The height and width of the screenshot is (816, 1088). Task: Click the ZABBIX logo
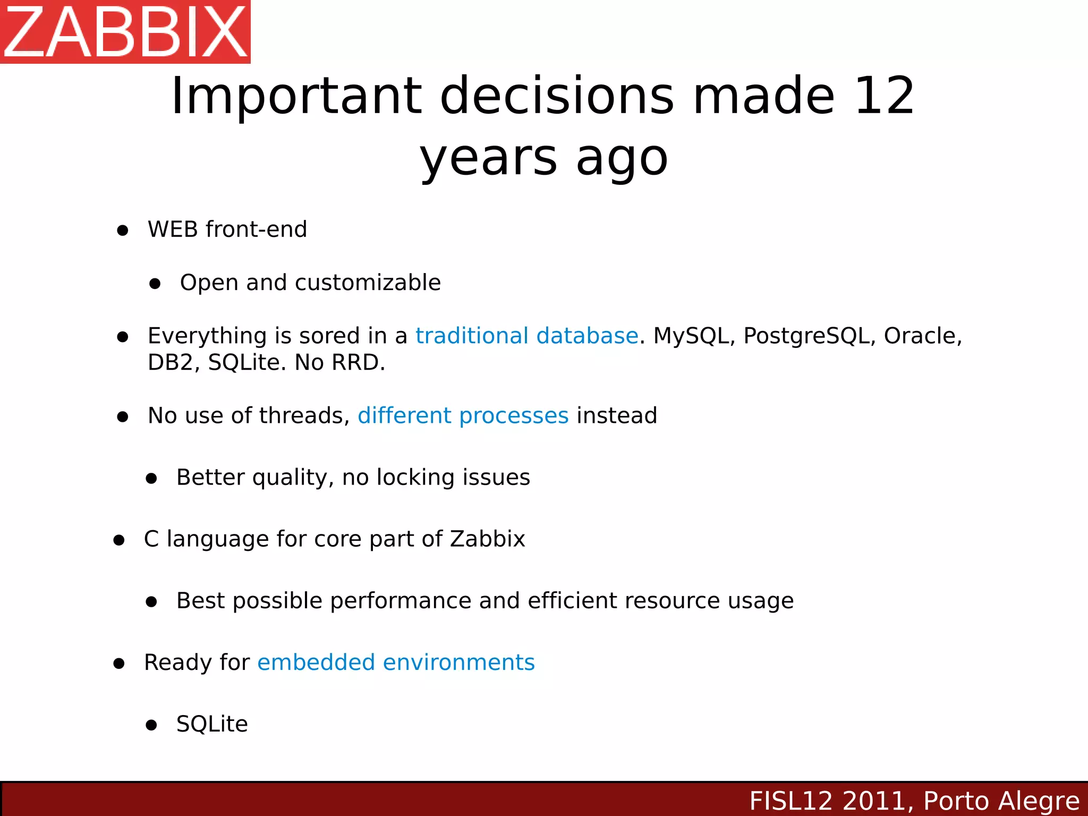pos(125,32)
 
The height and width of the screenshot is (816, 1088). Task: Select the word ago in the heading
pos(622,158)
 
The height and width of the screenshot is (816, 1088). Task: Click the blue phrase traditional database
pos(526,336)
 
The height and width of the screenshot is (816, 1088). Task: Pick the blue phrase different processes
pos(463,415)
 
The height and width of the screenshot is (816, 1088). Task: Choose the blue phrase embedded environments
pos(396,662)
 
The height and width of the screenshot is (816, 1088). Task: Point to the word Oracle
pos(922,336)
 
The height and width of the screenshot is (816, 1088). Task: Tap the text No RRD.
pos(340,362)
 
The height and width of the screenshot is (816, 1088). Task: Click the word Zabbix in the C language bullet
pos(487,539)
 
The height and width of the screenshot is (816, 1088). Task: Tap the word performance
pos(400,601)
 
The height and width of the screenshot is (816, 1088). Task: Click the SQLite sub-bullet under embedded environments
pos(212,724)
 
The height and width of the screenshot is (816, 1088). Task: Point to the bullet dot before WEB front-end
pos(123,231)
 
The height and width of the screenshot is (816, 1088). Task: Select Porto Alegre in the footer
pos(1001,801)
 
